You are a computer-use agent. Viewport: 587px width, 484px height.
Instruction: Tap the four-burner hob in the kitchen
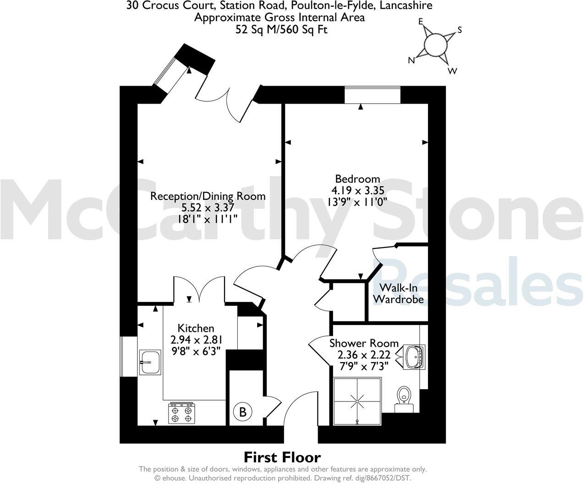[181, 413]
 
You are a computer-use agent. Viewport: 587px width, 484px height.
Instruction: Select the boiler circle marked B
[243, 412]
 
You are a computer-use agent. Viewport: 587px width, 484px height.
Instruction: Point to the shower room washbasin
[415, 356]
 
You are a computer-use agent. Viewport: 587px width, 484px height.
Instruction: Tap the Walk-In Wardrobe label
[398, 294]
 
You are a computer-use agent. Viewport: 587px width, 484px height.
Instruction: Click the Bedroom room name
[357, 179]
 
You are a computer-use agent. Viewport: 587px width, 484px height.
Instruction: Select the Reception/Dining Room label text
[208, 196]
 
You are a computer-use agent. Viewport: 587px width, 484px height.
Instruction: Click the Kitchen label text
[196, 328]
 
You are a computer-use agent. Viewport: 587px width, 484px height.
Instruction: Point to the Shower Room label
[364, 343]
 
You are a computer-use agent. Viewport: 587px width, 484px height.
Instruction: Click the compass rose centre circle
[434, 44]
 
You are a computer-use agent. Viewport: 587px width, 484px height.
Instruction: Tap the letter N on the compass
[411, 60]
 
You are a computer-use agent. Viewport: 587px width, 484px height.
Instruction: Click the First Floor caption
[282, 457]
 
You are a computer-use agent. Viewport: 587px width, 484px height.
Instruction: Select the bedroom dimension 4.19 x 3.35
[357, 190]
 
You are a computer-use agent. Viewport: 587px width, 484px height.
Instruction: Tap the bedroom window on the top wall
[373, 95]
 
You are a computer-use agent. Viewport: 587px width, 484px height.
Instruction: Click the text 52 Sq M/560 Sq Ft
[281, 30]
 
